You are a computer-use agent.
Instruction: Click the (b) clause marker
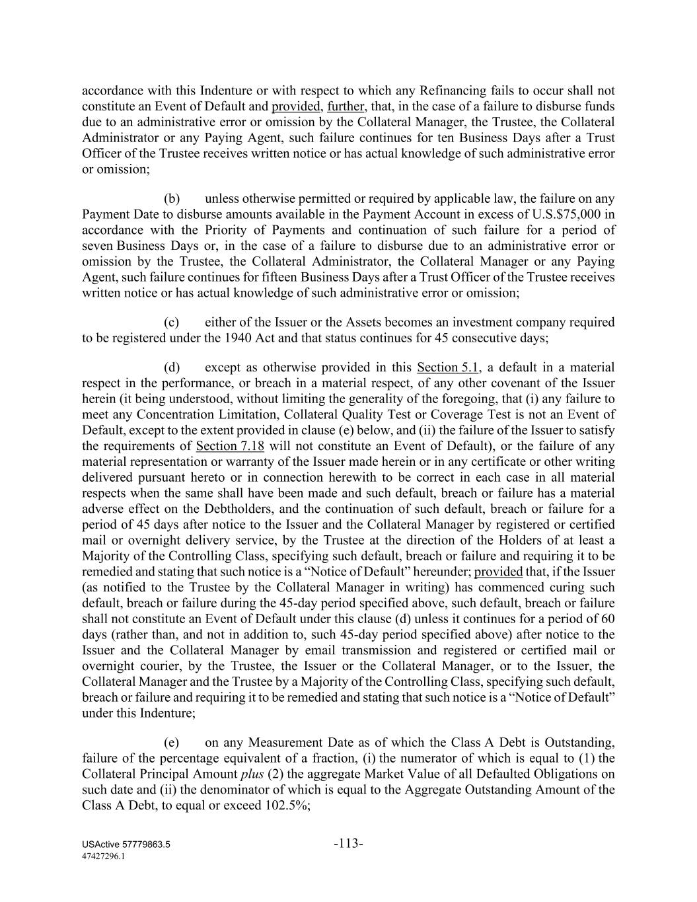[x=172, y=199]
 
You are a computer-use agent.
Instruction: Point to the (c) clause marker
[x=172, y=322]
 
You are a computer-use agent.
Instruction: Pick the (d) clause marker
[x=172, y=367]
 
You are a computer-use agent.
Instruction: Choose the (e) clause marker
[x=172, y=743]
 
